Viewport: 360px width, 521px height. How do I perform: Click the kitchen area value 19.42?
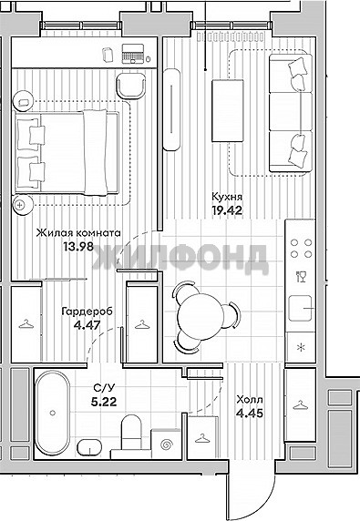[x=227, y=210]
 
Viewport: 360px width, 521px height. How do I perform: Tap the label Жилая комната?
[x=78, y=233]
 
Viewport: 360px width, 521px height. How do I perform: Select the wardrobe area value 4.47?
[x=87, y=324]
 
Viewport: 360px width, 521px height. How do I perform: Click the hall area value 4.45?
[x=250, y=413]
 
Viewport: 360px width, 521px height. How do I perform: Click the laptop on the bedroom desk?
[x=133, y=54]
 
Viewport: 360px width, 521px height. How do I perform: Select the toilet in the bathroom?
[x=131, y=432]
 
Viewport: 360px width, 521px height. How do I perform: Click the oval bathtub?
[x=53, y=413]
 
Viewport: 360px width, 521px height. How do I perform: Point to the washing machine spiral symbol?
[x=166, y=444]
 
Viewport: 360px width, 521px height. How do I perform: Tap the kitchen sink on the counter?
[x=300, y=309]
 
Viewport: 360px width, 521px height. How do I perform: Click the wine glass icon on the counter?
[x=301, y=277]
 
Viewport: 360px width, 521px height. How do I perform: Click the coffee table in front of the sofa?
[x=228, y=110]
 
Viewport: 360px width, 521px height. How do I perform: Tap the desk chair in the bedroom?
[x=131, y=86]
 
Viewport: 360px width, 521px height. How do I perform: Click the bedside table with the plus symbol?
[x=23, y=205]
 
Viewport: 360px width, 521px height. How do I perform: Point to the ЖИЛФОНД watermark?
[x=180, y=260]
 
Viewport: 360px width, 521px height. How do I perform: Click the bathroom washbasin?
[x=89, y=447]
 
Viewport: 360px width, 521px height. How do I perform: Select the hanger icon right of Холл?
[x=300, y=405]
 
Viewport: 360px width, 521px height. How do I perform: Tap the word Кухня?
[x=227, y=197]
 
